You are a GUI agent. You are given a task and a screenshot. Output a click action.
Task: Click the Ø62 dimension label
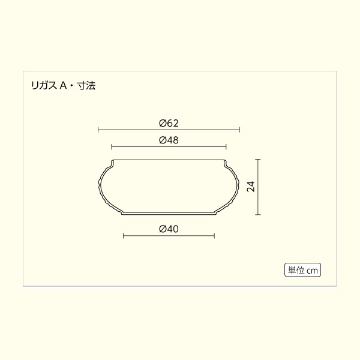(x=169, y=123)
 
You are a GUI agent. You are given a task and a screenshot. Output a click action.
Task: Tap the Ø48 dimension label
(x=169, y=140)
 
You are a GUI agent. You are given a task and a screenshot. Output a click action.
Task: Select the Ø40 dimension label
(x=169, y=229)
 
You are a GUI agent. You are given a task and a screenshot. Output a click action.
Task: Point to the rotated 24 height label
(x=251, y=187)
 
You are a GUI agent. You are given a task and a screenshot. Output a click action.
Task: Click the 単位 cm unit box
(x=302, y=270)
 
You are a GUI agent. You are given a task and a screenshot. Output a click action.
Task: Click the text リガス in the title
(x=44, y=86)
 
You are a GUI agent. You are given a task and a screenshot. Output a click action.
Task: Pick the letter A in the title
(x=64, y=86)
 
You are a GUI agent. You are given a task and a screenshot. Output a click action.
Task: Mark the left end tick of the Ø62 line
(x=98, y=130)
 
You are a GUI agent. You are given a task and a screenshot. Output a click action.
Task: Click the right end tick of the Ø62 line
(x=239, y=130)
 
